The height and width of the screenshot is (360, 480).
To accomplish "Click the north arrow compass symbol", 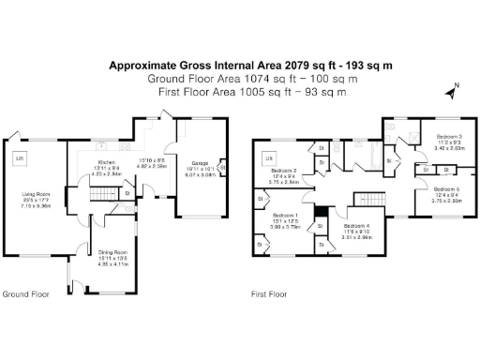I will pyautogui.click(x=454, y=92).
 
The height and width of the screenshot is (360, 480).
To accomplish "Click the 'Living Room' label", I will pyautogui.click(x=37, y=195).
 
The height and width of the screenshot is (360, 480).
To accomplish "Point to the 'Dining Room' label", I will pyautogui.click(x=112, y=252).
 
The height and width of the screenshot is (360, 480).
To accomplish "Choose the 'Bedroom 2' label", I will pyautogui.click(x=284, y=172).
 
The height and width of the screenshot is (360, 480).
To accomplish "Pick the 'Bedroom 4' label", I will pyautogui.click(x=357, y=227).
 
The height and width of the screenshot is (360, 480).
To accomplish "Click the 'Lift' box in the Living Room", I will pyautogui.click(x=18, y=158).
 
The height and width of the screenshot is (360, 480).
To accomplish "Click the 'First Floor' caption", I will pyautogui.click(x=267, y=293).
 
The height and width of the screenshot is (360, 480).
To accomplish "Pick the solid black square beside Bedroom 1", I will pyautogui.click(x=321, y=210).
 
